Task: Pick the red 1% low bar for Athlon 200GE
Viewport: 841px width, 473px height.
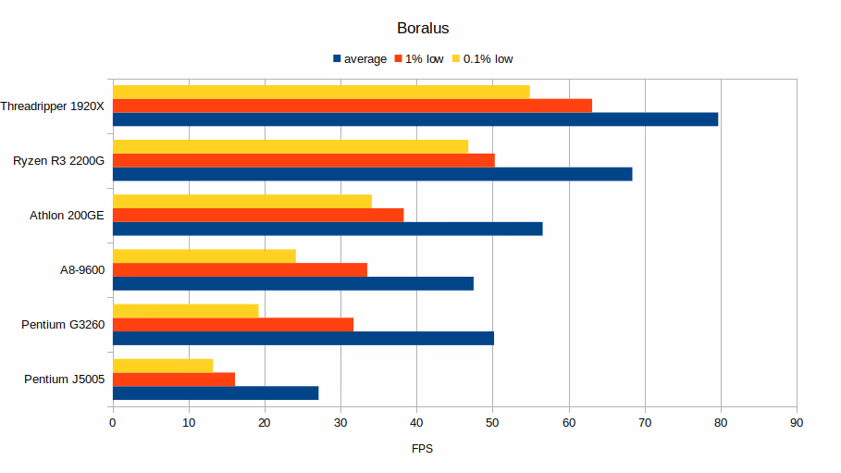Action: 257,215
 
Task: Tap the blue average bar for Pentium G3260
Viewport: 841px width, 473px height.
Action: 303,338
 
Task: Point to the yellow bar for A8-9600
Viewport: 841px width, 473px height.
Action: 204,255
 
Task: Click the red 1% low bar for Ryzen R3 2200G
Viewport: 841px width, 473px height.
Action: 303,160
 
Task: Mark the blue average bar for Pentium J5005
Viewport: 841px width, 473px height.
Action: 215,392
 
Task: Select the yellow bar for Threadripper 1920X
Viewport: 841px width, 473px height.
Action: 320,92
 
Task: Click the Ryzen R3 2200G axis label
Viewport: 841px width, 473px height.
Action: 58,161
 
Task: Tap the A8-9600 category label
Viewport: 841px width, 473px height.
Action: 81,270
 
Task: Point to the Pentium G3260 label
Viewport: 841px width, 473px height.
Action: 63,325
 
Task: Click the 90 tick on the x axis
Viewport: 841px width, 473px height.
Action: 796,422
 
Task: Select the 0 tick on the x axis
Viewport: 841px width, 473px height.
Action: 112,422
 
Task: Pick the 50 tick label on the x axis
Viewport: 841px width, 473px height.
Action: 492,422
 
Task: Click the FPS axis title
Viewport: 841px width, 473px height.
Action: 422,449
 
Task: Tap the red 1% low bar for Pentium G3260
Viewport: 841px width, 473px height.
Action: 232,324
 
